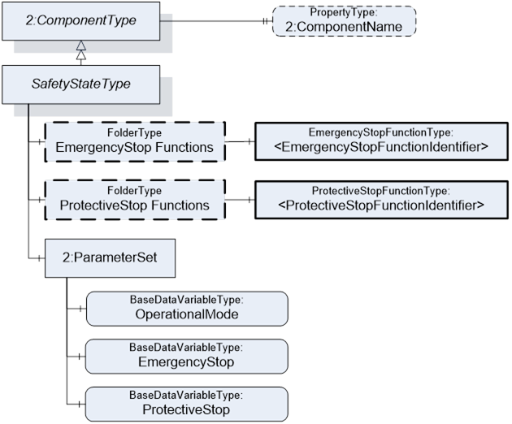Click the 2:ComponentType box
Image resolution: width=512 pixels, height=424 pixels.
81,21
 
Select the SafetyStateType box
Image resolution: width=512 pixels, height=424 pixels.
81,84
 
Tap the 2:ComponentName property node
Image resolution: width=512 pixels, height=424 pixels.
344,21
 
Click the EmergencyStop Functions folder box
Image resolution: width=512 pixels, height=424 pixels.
135,141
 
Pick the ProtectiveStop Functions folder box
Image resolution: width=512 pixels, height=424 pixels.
135,200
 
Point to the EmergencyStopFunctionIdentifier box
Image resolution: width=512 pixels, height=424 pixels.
381,141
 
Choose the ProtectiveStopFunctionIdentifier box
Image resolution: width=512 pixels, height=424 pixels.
381,200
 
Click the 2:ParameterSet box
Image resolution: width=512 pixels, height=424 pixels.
110,258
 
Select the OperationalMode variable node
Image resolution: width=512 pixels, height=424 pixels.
187,309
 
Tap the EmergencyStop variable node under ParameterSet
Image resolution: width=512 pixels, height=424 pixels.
186,356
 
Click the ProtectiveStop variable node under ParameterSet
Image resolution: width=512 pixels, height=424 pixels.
186,404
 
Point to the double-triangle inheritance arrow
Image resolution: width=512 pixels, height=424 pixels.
81,53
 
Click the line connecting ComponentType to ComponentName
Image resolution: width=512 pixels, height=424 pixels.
216,21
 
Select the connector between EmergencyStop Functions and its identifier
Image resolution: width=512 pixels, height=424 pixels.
240,141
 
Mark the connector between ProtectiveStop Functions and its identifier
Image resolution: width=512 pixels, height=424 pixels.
240,200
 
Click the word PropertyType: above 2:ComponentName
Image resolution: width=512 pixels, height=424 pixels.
344,12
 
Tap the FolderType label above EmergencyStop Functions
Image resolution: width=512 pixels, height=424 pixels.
135,133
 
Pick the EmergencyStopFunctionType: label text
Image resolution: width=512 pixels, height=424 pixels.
380,132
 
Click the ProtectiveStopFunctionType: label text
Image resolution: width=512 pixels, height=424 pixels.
380,191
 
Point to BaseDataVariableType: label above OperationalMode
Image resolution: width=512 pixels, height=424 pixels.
187,300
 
